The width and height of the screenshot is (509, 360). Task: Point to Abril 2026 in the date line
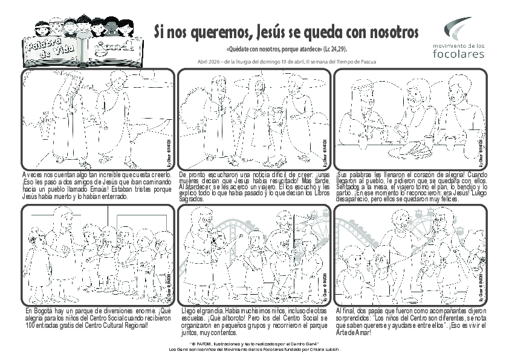(x=209, y=61)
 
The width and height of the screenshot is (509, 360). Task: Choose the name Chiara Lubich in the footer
(x=324, y=350)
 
